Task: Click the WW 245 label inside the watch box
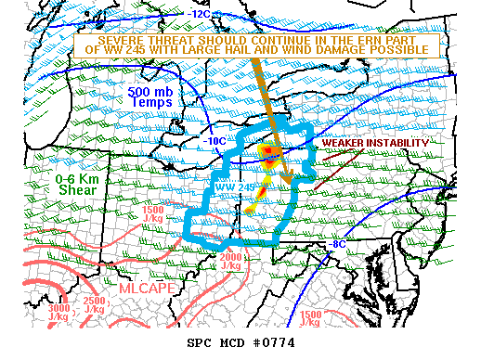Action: [x=235, y=187]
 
